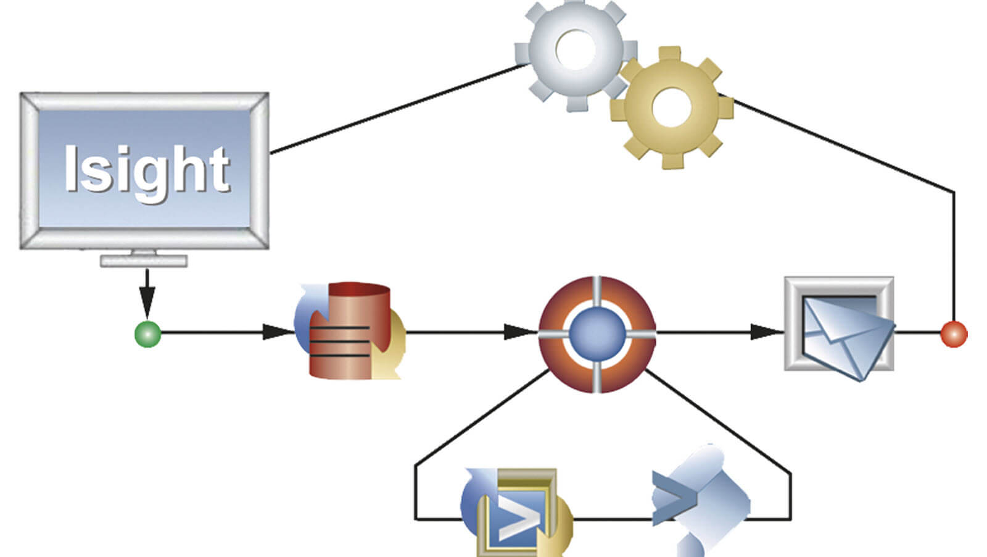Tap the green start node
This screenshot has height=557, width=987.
click(x=147, y=334)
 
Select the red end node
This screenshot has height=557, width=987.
click(x=954, y=334)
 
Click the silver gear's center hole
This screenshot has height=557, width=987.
click(x=575, y=49)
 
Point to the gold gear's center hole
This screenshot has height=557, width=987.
click(x=671, y=107)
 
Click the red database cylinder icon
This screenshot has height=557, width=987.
click(x=350, y=331)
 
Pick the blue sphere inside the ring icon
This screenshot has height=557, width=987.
click(x=597, y=333)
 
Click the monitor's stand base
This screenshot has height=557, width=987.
click(x=144, y=261)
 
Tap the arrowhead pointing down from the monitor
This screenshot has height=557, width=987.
click(x=147, y=304)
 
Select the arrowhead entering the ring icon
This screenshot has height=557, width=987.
click(x=517, y=332)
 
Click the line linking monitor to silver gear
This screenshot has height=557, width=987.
click(x=395, y=109)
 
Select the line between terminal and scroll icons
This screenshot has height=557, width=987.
click(x=611, y=519)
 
